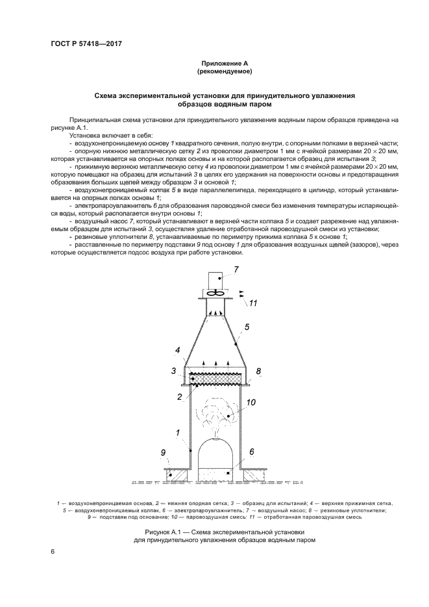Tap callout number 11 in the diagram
pyautogui.click(x=254, y=303)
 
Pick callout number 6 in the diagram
pyautogui.click(x=251, y=451)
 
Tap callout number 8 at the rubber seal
pyautogui.click(x=258, y=371)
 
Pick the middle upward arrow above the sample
pyautogui.click(x=217, y=361)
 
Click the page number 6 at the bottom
pyautogui.click(x=53, y=551)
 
